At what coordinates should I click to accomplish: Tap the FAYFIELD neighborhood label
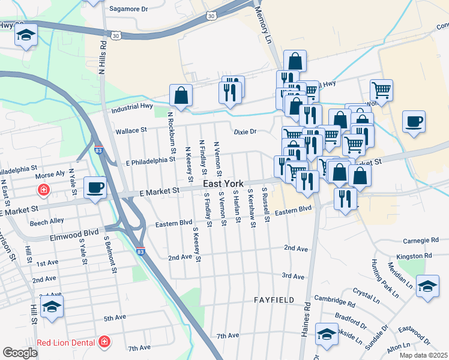274,299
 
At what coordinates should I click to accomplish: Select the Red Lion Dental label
67,342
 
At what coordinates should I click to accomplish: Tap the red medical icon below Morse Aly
43,191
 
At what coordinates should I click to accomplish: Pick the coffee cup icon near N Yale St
95,187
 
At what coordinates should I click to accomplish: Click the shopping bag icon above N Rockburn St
181,95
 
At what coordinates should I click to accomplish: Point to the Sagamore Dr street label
128,9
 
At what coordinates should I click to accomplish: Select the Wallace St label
131,130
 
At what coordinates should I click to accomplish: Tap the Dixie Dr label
245,131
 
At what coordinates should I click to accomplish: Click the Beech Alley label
47,221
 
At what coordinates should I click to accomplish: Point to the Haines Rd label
307,318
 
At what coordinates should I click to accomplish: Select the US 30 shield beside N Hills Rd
116,36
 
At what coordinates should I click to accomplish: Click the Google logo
20,353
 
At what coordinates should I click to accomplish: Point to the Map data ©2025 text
424,355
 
